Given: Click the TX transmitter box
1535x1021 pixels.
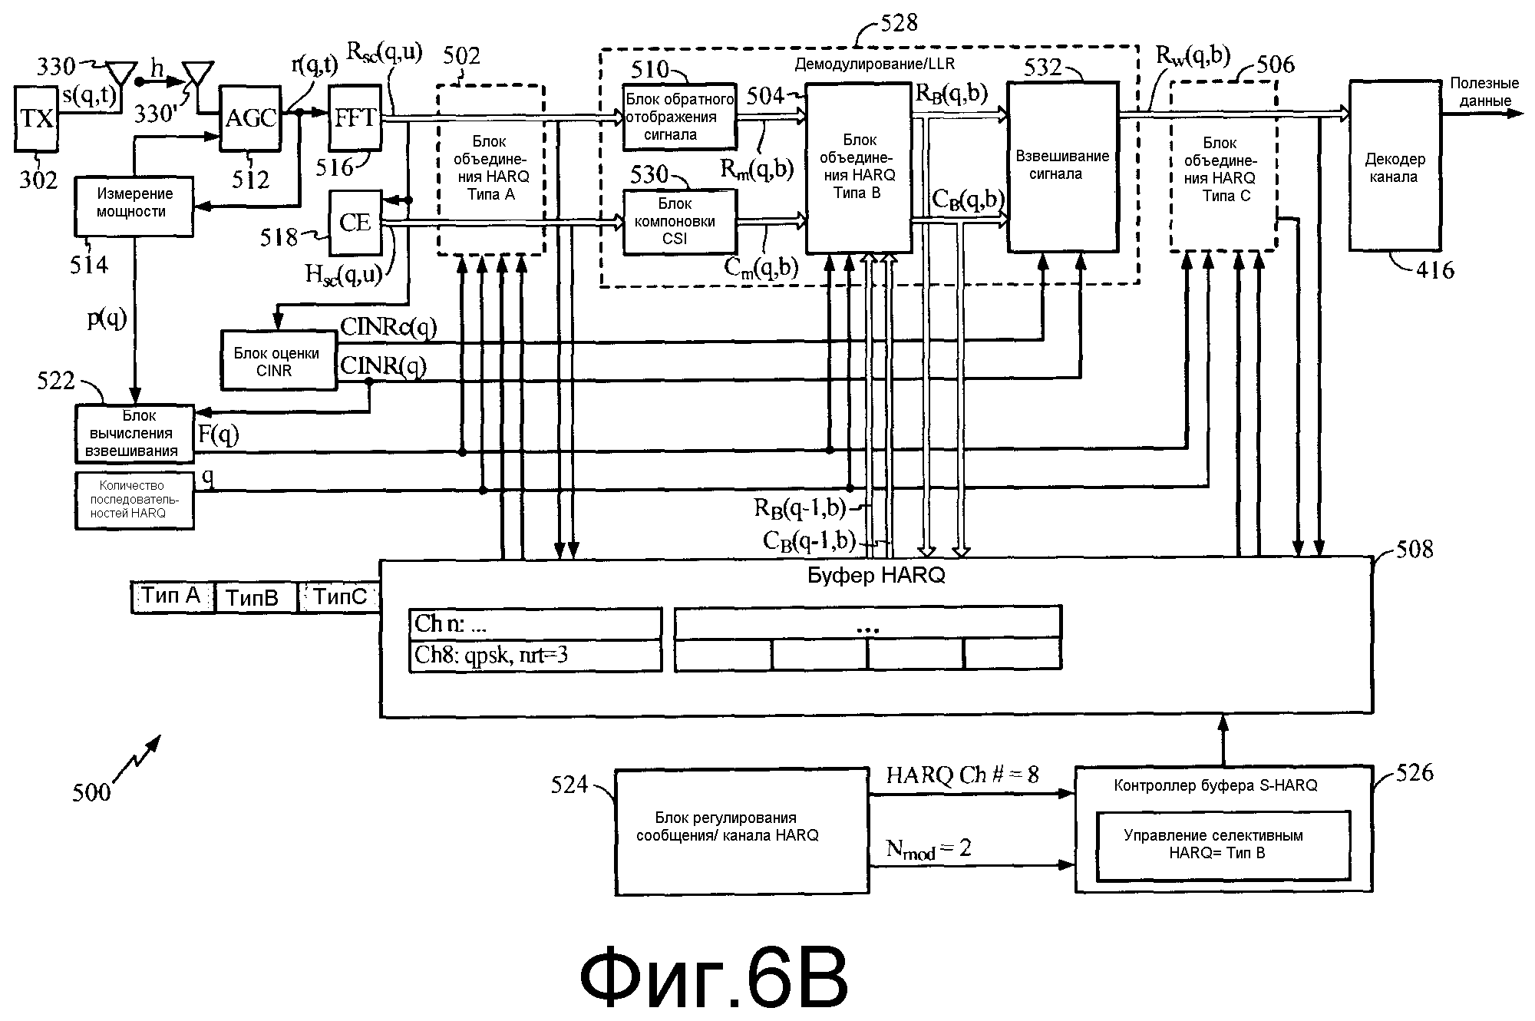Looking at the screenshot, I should click(x=38, y=118).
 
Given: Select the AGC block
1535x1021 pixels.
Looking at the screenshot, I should click(x=251, y=118).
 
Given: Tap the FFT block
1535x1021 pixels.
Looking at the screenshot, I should click(x=355, y=118).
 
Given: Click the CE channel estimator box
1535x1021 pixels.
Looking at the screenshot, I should click(x=355, y=223).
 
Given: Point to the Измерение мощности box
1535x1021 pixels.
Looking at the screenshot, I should click(x=134, y=203).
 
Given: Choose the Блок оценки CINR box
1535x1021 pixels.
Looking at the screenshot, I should click(x=278, y=361).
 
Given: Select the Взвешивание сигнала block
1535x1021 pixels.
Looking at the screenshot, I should click(x=1062, y=166).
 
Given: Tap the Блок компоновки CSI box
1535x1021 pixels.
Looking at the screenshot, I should click(x=679, y=222).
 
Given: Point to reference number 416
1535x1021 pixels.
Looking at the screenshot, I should click(x=1434, y=270).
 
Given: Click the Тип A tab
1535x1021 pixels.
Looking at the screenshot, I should click(x=172, y=596).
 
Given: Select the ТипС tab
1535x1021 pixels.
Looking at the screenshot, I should click(x=340, y=596).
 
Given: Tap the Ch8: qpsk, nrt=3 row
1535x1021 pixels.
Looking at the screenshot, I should click(x=535, y=656).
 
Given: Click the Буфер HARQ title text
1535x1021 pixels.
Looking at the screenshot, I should click(x=876, y=574).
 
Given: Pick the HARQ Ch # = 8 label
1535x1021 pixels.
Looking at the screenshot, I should click(x=962, y=775).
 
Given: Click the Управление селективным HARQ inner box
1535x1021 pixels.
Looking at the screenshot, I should click(x=1223, y=844).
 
